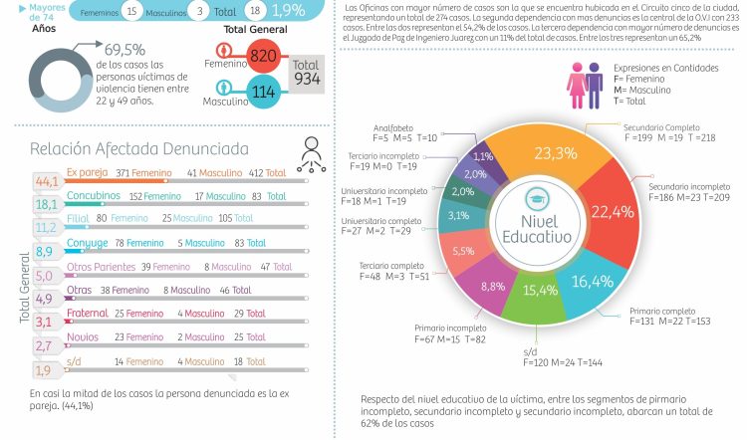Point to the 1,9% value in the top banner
289,9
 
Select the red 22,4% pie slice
612,211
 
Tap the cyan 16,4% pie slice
591,282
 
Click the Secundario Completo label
660,128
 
